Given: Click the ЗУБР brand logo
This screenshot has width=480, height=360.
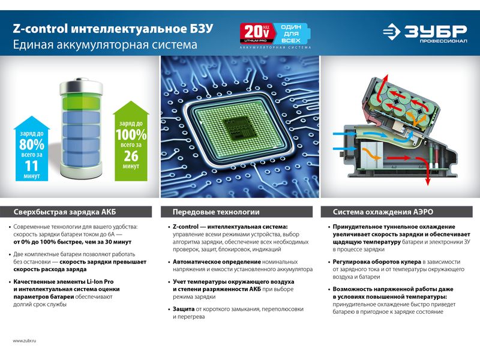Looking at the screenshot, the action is pos(425,32).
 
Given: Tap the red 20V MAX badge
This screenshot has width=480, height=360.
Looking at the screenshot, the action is pos(257,33).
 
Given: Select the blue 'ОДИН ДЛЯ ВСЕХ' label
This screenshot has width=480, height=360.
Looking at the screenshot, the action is pos(291,34).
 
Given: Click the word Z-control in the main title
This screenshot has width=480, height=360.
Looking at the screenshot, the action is pos(40,28).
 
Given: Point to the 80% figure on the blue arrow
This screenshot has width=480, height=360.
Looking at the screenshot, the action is pos(32,144).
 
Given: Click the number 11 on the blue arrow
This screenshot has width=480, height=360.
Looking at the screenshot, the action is pos(31,166).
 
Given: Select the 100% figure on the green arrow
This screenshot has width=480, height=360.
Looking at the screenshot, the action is pos(131,134).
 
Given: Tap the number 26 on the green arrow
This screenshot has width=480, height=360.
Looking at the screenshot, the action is pos(131,156).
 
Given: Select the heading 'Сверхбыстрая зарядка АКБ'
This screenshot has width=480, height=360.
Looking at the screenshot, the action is pos(65,212).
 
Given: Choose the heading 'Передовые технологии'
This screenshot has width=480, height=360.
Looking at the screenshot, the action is pos(216,212).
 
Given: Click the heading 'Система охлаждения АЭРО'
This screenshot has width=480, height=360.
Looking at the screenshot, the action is pos(383,212).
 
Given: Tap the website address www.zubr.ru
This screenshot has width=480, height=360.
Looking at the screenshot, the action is pos(25,340).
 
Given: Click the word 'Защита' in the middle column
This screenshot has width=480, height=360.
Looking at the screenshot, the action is pos(184,309).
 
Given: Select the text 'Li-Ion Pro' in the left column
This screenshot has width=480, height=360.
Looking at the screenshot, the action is pos(100,281).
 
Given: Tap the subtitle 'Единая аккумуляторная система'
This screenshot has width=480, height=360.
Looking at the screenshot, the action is pos(105,44).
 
